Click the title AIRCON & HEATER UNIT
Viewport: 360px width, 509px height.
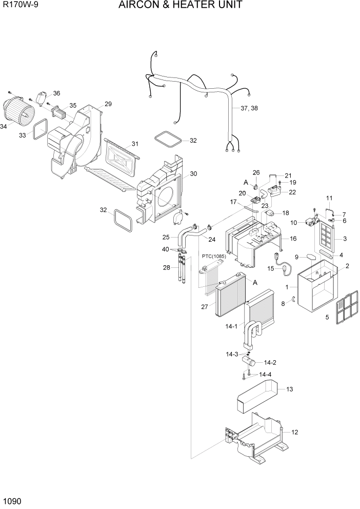coord(180,6)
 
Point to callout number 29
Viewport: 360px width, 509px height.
coord(108,104)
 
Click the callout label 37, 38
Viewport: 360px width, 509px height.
coord(249,109)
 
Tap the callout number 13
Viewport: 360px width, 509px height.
coord(289,389)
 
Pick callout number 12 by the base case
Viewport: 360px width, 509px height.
coord(294,433)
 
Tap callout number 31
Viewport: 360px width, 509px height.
coord(134,144)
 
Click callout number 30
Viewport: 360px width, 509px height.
coord(193,173)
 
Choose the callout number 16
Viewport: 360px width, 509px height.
coord(293,239)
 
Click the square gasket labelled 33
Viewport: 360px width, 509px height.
coord(41,129)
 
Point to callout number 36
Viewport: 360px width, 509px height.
coord(56,93)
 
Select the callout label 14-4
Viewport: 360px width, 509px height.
coord(265,374)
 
